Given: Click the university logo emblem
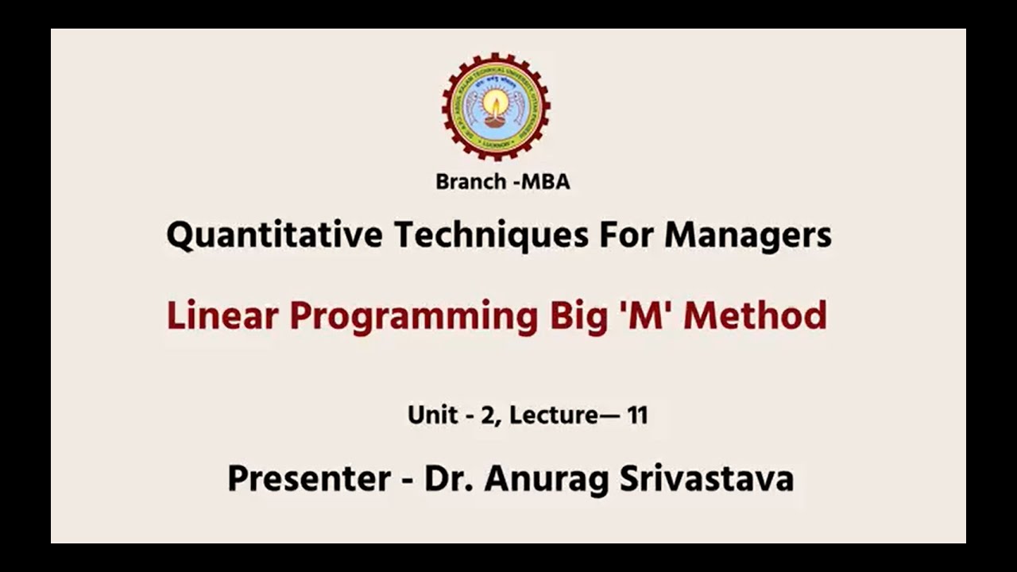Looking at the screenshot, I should click(496, 106).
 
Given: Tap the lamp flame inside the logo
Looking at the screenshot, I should click(496, 102).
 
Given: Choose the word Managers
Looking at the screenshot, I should click(748, 235).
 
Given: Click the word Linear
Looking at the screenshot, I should click(222, 316).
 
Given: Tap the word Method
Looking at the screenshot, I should click(755, 316).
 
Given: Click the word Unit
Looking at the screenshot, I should click(431, 415).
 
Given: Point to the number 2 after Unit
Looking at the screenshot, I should click(486, 415).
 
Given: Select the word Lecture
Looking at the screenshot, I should click(553, 415).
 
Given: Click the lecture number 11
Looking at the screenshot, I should click(637, 415).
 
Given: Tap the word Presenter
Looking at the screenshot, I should click(308, 479).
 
